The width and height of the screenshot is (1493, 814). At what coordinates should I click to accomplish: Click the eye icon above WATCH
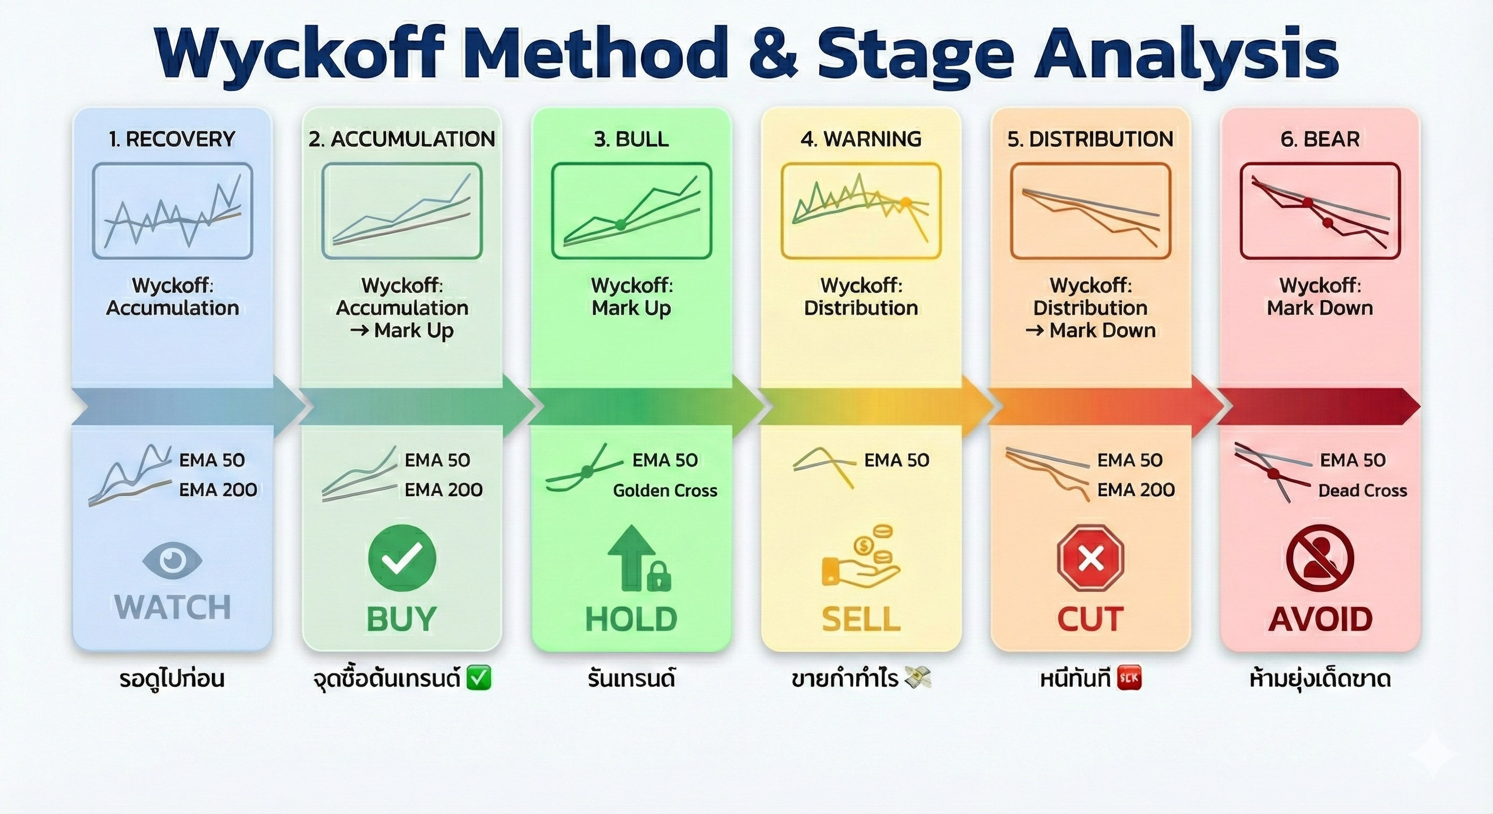coord(172,560)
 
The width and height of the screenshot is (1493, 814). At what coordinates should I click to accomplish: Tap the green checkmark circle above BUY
coord(402,558)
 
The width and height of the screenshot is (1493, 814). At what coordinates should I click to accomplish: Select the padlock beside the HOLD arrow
coord(658,576)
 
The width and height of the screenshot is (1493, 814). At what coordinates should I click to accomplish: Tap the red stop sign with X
coord(1090,559)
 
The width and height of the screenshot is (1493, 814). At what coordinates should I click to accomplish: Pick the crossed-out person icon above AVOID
coord(1320,559)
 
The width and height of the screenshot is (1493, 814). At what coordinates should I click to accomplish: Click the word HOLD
coord(631,620)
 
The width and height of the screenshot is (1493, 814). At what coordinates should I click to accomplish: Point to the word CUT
coord(1090,620)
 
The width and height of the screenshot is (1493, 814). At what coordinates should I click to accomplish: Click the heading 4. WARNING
coord(860,139)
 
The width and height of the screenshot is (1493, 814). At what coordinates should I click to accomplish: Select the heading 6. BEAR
coord(1320,139)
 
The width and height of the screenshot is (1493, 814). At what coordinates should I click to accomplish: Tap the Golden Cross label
coord(665,491)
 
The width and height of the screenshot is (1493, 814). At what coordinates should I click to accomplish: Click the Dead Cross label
coord(1362,491)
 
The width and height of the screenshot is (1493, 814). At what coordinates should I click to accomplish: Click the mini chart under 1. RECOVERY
coord(172,211)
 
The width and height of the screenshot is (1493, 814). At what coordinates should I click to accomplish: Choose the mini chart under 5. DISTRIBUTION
coord(1090,211)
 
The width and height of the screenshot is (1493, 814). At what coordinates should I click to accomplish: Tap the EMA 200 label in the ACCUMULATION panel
coord(443,490)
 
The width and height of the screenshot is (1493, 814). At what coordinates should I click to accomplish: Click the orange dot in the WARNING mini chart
coord(906,202)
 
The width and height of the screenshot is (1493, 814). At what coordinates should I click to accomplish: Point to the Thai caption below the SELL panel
coord(860,678)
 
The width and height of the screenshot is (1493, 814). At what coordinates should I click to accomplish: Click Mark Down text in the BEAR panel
coord(1320,308)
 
